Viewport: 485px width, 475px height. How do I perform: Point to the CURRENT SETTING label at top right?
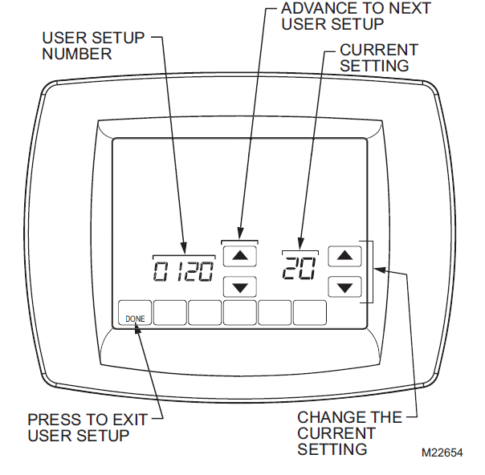coord(377,58)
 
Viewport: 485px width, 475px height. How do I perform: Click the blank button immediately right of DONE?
coord(170,314)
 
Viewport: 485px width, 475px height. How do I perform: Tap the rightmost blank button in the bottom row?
coord(310,314)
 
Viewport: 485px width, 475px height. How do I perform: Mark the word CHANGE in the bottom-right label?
coord(326,418)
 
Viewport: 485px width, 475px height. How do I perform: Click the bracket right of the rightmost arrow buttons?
coord(372,271)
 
